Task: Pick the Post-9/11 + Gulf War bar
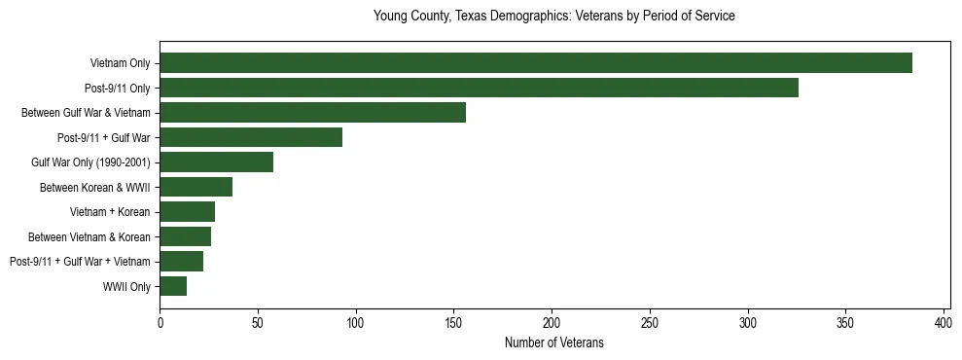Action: tap(251, 137)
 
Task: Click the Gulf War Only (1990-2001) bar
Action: tap(216, 162)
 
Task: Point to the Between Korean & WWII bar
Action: tap(196, 187)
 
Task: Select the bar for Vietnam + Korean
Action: tap(187, 212)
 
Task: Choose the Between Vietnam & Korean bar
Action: tap(185, 236)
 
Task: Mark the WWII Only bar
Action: tap(173, 286)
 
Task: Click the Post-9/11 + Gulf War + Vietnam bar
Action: tap(181, 262)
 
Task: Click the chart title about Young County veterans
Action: tap(553, 17)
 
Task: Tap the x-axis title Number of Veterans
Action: tap(553, 343)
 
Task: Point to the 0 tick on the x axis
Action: tap(160, 323)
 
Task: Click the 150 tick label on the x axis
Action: tap(453, 323)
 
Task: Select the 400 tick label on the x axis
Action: tap(944, 323)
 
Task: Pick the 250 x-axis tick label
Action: tap(650, 323)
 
